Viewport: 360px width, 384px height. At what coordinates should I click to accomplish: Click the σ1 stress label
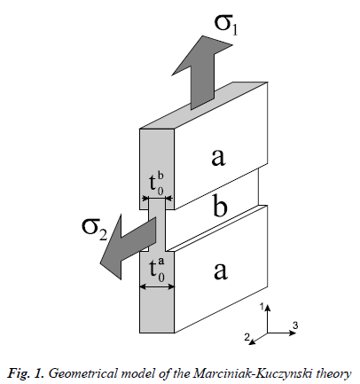226,26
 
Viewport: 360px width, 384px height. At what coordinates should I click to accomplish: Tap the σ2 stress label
94,230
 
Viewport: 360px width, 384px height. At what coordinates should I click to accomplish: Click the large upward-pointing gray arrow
202,73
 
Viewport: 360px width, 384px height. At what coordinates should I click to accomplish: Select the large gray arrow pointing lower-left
127,247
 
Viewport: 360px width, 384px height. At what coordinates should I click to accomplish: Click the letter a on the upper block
218,157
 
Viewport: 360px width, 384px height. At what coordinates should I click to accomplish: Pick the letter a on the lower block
221,270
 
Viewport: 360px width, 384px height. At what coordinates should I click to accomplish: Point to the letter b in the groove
220,207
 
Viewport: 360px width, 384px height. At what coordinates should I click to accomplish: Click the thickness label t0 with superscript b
157,184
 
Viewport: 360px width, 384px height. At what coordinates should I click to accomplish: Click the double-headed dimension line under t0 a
157,286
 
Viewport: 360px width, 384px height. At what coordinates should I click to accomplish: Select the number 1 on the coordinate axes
262,307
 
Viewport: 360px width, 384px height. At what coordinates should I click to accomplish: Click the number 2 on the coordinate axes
247,337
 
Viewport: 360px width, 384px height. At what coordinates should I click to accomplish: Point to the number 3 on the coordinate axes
295,325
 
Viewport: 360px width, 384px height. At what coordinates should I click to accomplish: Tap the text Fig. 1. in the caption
26,373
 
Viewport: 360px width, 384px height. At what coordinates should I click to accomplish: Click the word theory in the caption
334,374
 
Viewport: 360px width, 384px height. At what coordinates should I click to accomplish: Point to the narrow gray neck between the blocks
156,225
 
